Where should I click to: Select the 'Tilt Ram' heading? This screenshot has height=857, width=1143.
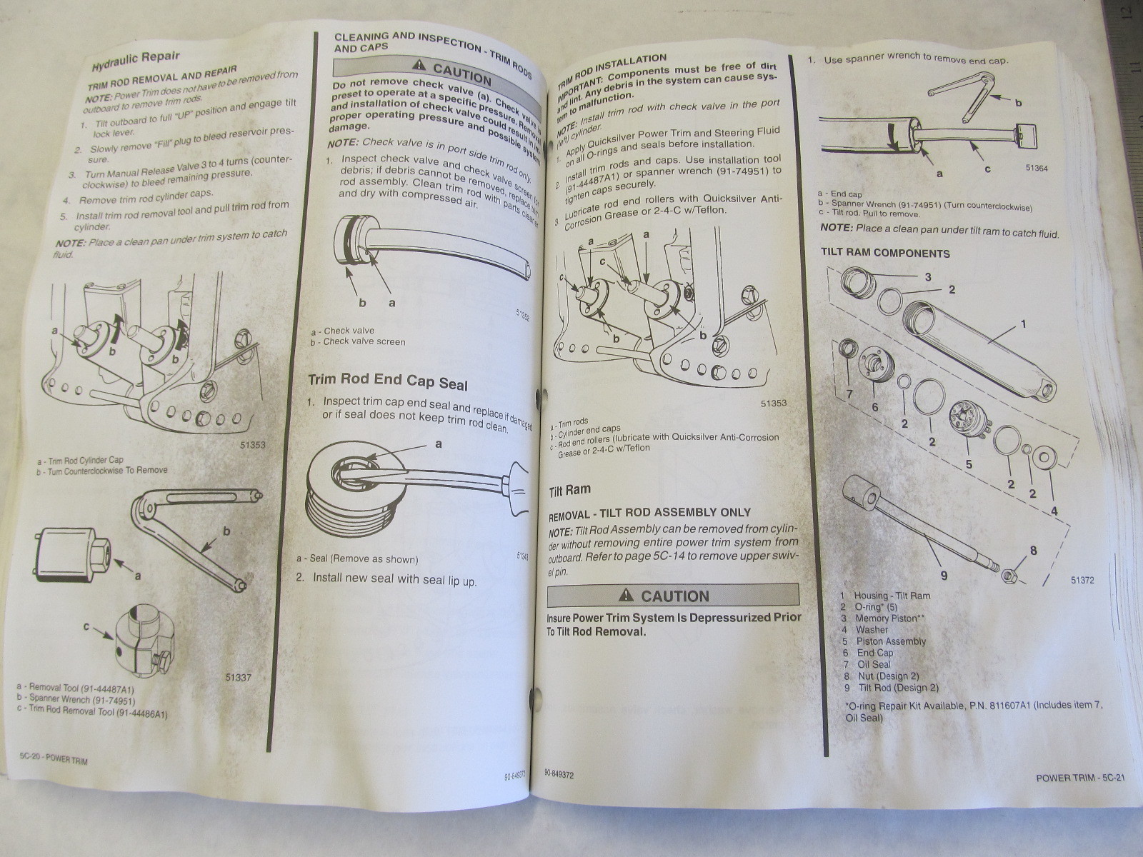point(569,491)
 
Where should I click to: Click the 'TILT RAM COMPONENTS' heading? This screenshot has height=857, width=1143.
point(886,253)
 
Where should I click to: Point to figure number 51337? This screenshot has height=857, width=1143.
point(237,677)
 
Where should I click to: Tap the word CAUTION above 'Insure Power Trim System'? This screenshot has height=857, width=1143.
point(674,596)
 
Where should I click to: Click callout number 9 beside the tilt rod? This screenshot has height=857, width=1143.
point(944,576)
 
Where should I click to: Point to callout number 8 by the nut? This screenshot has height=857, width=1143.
point(1032,551)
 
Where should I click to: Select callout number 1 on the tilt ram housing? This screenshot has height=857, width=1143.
point(1023,324)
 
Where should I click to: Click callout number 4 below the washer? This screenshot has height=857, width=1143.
point(1054,511)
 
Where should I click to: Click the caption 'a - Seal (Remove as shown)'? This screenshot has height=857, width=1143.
point(357,558)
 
